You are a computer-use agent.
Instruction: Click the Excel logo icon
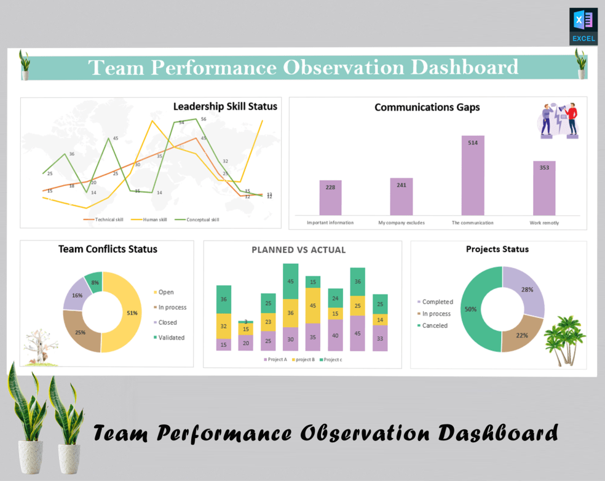tap(583, 26)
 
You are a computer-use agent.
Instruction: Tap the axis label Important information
tap(330, 223)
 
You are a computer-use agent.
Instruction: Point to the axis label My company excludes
tap(401, 223)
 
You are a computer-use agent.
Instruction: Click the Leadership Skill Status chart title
tap(224, 106)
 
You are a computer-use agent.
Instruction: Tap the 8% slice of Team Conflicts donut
tap(94, 282)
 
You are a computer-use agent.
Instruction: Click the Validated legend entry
tap(171, 338)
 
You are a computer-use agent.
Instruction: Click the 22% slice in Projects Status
tap(522, 335)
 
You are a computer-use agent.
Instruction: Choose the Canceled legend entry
tap(434, 326)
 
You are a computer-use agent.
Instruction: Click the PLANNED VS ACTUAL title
tap(298, 250)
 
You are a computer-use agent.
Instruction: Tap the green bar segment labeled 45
tap(291, 281)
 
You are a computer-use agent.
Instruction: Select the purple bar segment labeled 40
tap(335, 336)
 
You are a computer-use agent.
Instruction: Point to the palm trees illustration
tap(564, 338)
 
